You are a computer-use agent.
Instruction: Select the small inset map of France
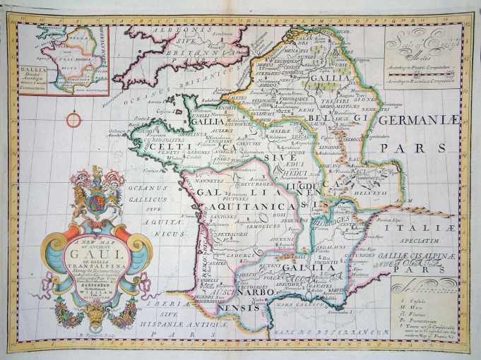[64, 60]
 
